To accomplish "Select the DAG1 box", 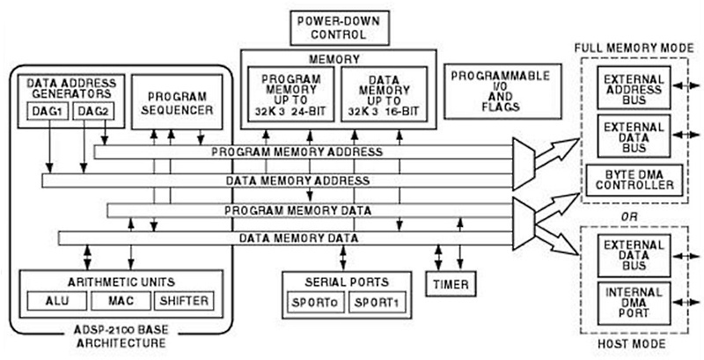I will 45,111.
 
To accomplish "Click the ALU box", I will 55,301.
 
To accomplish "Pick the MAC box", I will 120,301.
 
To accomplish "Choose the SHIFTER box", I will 183,301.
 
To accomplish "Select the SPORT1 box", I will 378,303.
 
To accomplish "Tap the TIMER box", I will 450,284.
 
